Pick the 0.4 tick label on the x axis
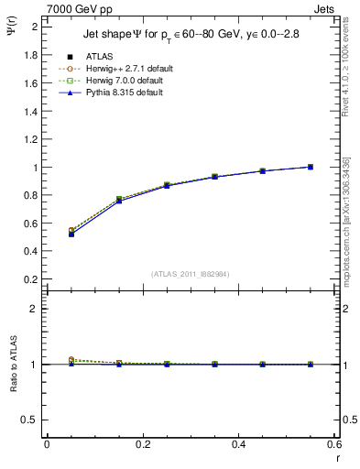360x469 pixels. tap(239, 444)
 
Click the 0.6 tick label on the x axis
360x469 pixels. tap(334, 444)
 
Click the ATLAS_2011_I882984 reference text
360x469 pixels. tap(191, 274)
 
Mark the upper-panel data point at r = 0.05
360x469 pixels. tap(71, 234)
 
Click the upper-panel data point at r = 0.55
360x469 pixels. tap(311, 167)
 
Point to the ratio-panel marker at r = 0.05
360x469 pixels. tap(71, 361)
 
